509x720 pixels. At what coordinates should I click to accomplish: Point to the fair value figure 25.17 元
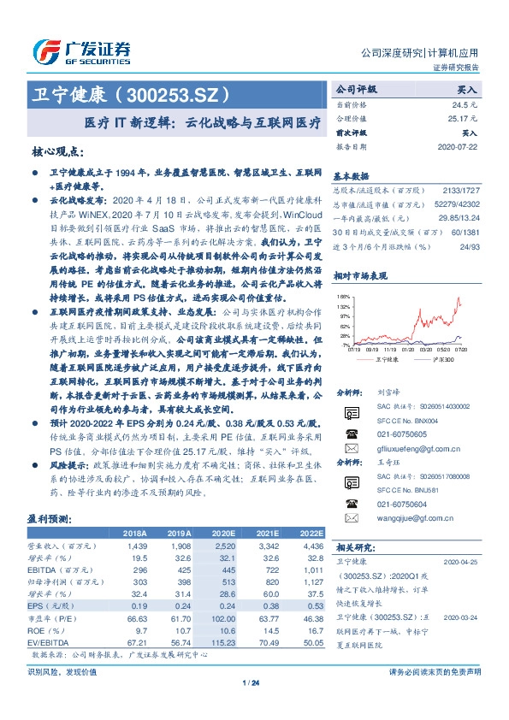tap(463, 119)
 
